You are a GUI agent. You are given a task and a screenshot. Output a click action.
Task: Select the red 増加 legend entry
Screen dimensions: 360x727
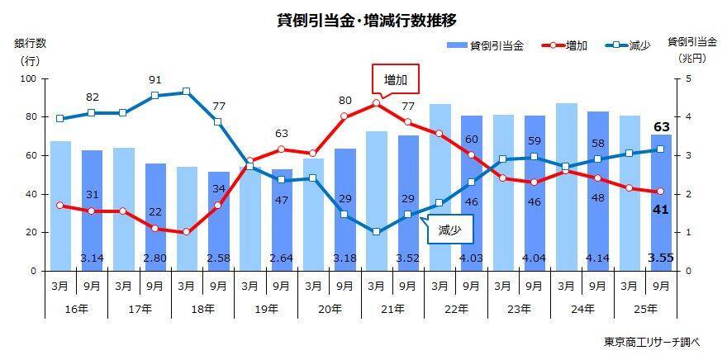566,46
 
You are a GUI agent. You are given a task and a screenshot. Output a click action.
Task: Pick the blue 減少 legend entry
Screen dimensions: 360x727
630,46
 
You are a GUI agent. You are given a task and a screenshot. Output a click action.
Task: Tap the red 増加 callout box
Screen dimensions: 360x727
396,80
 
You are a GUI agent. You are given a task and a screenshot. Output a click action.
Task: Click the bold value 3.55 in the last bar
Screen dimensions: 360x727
661,258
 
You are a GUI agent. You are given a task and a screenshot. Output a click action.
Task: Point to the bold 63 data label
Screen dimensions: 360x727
661,126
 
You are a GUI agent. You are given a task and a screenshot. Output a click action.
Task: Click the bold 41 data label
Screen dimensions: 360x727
661,210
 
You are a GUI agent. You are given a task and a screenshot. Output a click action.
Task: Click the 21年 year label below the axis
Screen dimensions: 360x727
392,309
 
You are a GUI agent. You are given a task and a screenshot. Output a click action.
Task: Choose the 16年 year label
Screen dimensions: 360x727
77,309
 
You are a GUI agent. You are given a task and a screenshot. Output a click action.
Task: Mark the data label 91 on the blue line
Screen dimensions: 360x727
155,80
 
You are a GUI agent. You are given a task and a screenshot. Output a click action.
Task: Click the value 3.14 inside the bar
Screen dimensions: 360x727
93,258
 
